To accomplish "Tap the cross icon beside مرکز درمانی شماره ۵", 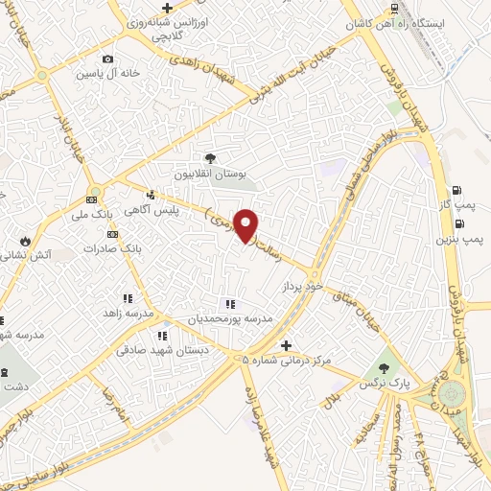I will click(285, 345).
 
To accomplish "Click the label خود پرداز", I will click(299, 287).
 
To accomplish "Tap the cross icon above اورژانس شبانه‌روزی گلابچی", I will click(167, 9).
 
